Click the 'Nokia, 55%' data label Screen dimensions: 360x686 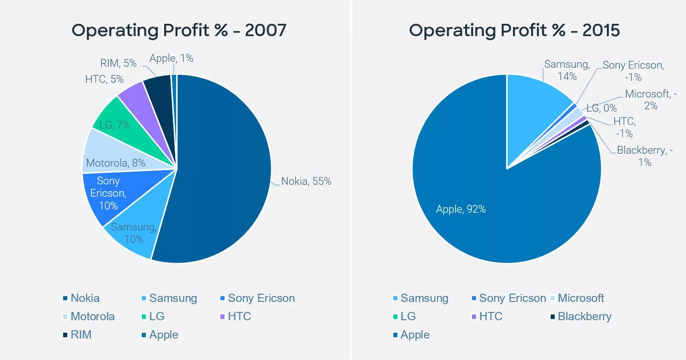coord(306,181)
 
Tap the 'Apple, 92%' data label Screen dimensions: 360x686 coord(461,209)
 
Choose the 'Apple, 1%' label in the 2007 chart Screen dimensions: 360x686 coord(171,58)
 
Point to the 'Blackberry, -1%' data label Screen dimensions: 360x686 coord(645,156)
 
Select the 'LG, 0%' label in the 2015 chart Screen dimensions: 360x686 coord(601,108)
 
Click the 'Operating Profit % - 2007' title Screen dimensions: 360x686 coord(179,31)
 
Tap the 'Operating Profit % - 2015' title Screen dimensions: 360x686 coord(514,31)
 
